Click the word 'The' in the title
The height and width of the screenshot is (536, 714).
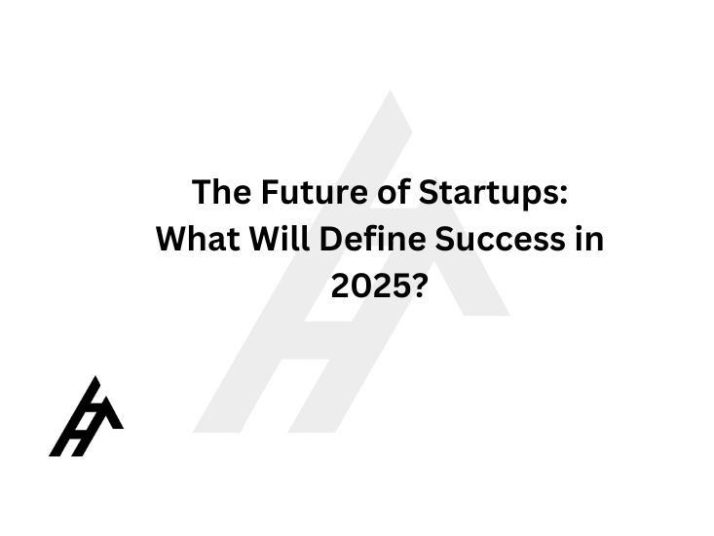pos(221,192)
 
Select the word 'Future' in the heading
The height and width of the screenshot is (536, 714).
pos(315,192)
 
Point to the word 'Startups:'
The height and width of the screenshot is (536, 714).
pos(493,193)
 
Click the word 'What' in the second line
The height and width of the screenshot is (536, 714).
pos(198,239)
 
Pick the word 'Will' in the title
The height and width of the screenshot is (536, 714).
pos(280,239)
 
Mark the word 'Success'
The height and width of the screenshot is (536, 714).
pos(500,239)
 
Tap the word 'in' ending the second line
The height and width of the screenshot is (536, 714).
pos(589,239)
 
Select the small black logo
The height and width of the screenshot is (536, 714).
pos(86,416)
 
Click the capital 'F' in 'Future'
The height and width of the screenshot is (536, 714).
pos(271,192)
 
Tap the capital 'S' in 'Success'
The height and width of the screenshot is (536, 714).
pos(445,239)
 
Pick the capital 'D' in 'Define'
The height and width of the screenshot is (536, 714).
pos(331,239)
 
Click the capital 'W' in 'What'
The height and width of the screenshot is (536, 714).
pos(174,239)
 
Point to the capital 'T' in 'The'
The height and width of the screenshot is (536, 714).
pos(203,192)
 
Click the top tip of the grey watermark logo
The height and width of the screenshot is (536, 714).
pos(391,91)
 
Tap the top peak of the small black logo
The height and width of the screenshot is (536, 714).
pos(95,376)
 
